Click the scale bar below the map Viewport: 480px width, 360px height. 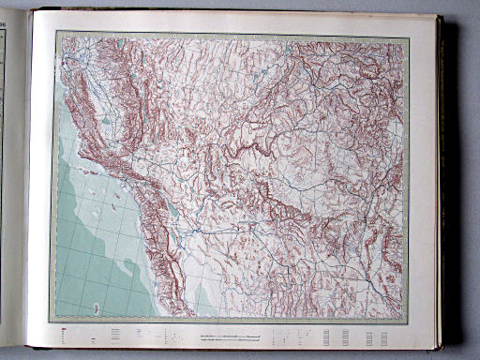click(x=230, y=335)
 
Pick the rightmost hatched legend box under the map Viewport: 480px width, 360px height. click(x=385, y=336)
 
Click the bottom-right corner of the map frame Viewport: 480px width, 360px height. click(x=410, y=322)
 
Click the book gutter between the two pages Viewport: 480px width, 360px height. click(x=27, y=187)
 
